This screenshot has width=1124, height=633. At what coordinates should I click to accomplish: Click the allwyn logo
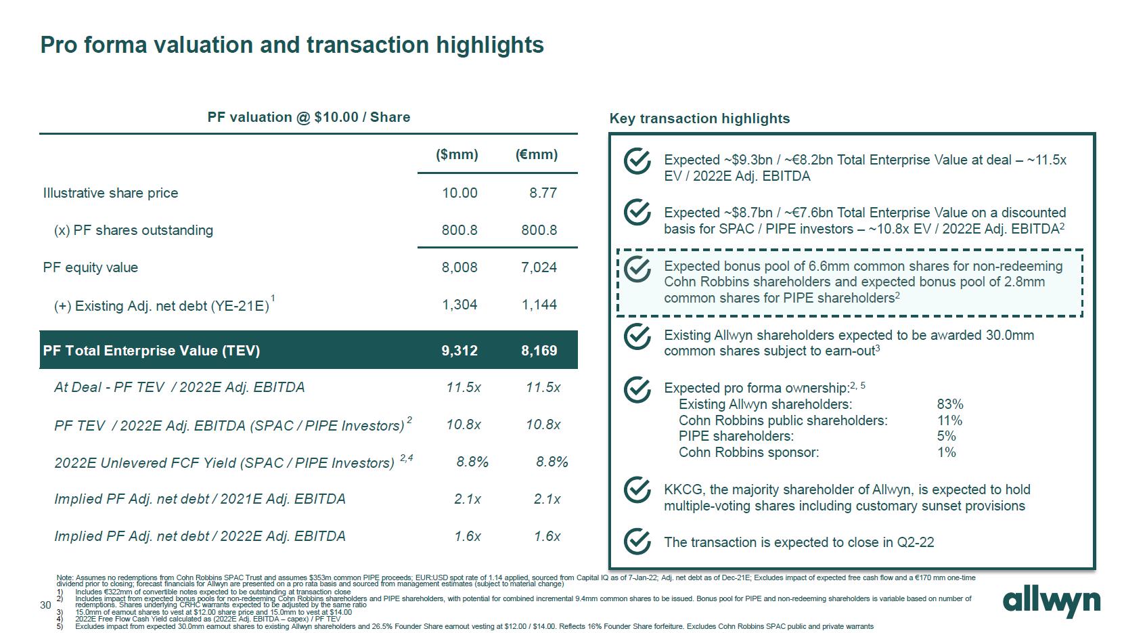[1051, 602]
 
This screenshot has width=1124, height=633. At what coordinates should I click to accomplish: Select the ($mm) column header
[457, 154]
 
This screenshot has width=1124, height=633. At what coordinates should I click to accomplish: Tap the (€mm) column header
[537, 154]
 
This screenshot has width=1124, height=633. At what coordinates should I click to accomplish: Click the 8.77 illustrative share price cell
[543, 193]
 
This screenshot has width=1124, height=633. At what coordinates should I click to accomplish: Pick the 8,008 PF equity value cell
[459, 267]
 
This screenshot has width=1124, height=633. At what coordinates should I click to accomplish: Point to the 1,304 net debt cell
[459, 305]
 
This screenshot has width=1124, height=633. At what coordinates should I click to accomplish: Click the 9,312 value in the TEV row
[459, 351]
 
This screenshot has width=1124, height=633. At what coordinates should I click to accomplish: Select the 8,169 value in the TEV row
[539, 351]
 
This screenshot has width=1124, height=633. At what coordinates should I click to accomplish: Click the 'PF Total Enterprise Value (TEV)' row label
[152, 351]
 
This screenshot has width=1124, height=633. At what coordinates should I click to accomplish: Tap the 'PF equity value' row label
[91, 267]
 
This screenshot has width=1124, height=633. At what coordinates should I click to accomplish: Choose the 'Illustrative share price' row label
[111, 193]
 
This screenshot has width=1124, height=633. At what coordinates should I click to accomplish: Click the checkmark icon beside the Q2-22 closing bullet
[637, 542]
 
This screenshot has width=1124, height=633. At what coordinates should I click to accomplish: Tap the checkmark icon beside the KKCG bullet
[637, 490]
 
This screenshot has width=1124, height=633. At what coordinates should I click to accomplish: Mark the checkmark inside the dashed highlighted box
[637, 269]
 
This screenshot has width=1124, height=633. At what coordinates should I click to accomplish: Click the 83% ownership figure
[950, 404]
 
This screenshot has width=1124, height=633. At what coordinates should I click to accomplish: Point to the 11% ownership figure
[949, 420]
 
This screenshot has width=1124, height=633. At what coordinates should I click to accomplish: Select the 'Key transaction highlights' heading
[700, 118]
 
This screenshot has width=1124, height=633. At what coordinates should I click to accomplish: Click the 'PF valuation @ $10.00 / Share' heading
[309, 117]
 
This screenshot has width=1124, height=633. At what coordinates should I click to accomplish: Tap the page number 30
[45, 605]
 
